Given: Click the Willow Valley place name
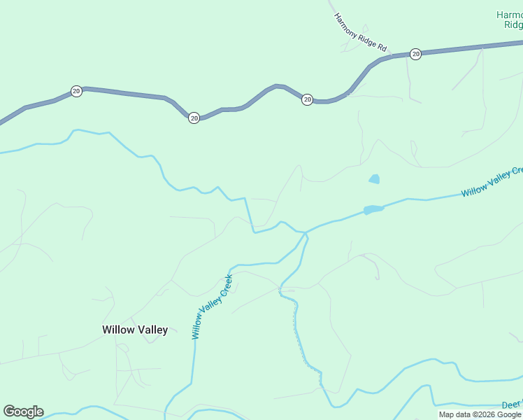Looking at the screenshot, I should click(135, 330).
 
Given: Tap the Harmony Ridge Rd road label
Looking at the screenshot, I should click(360, 32).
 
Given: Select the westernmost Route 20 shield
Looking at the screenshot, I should click(76, 91).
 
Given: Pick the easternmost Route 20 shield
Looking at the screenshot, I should click(415, 54).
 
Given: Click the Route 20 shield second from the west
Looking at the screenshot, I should click(194, 118).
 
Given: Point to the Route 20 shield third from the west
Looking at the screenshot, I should click(307, 100).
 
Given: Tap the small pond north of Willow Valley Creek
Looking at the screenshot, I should click(374, 179).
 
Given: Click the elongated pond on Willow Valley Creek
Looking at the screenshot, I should click(373, 209).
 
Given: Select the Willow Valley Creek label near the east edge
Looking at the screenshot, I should click(492, 182).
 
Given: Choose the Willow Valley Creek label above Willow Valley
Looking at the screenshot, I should click(212, 307).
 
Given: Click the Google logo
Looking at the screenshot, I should click(23, 412).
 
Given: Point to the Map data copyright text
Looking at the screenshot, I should click(480, 414).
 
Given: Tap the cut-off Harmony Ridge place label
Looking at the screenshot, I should click(509, 19).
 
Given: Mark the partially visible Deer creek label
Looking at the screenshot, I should click(512, 405).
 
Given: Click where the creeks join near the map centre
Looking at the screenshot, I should click(306, 233).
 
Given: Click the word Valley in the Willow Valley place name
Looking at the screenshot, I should click(152, 330).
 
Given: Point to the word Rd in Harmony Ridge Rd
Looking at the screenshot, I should click(382, 47).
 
